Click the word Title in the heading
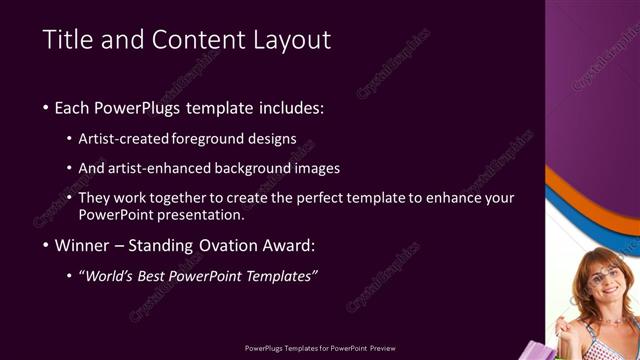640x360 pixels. click(x=66, y=40)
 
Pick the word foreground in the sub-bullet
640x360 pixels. click(x=209, y=138)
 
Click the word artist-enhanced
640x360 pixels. click(x=161, y=168)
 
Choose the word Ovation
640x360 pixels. click(x=233, y=245)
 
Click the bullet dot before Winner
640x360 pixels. click(x=46, y=246)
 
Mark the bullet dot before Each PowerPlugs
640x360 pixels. click(x=46, y=108)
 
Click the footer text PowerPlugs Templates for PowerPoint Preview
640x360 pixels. click(x=320, y=349)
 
